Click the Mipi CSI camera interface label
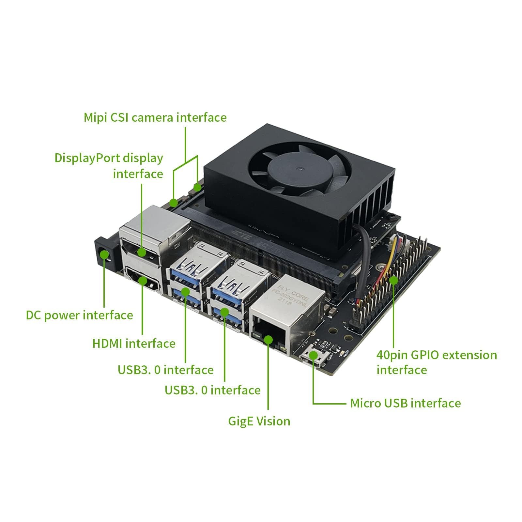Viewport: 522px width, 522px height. coord(155,117)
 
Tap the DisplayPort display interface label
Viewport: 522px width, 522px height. coord(109,166)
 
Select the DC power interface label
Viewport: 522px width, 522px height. coord(79,315)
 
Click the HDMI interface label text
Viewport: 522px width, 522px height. coord(134,344)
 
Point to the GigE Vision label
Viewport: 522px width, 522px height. coord(259,421)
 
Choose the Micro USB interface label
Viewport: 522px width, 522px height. coord(405,403)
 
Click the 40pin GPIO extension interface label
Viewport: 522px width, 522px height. coord(437,362)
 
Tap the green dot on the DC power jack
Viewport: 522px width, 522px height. coord(104,254)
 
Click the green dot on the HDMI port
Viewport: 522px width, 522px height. coord(143,280)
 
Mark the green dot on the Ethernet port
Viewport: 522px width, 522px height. coord(268,340)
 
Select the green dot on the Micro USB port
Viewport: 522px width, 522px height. coord(314,355)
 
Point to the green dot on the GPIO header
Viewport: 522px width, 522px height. coord(393,280)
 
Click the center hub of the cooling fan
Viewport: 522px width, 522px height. coord(299,169)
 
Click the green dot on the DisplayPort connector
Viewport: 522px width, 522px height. coord(142,252)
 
